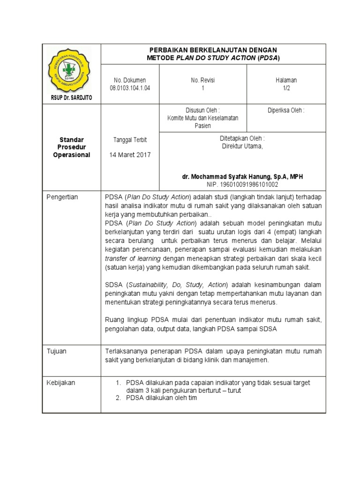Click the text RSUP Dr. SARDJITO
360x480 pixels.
72,97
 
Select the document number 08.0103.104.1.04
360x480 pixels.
130,88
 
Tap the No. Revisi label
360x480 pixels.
203,80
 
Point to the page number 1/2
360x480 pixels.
286,88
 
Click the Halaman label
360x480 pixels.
286,80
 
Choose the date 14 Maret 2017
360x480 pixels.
130,155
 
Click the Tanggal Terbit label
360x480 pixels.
130,140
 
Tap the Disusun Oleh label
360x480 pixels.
203,111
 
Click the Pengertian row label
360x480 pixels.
62,197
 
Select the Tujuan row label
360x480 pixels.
56,351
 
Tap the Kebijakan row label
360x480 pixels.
60,382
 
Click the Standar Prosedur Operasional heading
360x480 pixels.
71,148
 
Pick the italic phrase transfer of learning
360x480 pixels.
133,258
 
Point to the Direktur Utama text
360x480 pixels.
242,146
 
